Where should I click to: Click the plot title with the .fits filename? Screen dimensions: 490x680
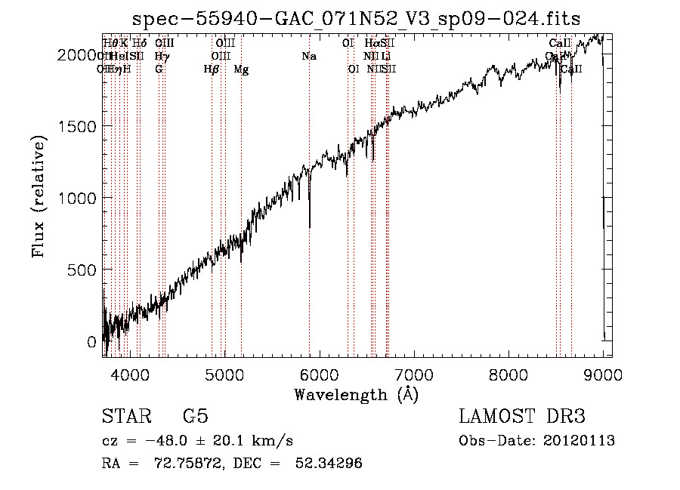356,19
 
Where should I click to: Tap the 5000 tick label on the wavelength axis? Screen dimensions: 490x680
224,374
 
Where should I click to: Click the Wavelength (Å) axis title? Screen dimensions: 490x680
356,394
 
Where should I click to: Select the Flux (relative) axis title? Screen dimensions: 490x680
38,198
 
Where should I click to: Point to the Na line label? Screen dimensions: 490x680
308,57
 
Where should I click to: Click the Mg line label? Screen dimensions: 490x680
241,70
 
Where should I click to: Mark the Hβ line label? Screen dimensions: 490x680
212,70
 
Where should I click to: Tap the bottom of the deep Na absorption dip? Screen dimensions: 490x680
310,226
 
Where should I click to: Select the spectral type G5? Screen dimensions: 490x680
195,417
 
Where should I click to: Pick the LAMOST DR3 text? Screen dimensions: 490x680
522,417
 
